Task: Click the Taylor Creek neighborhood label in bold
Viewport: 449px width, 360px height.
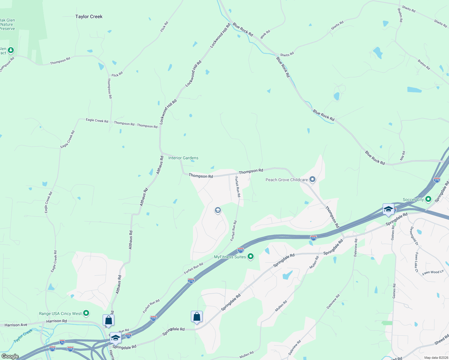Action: coord(89,16)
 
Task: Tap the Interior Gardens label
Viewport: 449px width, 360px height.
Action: coord(183,158)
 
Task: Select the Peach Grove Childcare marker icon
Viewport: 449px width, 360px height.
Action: coord(312,180)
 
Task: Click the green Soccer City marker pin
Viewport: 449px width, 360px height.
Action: coord(428,199)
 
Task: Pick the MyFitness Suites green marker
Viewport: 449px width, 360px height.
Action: coord(251,256)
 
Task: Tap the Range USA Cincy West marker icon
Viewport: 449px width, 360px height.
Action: coord(86,313)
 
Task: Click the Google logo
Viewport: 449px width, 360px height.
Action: coord(10,356)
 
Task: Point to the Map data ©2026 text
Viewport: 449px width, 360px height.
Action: coord(435,358)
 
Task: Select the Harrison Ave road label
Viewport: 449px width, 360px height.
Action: coord(16,325)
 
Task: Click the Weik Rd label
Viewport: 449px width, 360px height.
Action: coord(265,34)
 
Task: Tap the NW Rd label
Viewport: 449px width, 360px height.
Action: coord(402,155)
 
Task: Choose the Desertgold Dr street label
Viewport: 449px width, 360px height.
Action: coord(414,236)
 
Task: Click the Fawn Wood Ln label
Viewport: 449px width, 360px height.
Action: coord(433,272)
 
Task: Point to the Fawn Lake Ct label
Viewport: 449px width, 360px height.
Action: coord(416,262)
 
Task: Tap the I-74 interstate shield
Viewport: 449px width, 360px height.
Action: coord(62,342)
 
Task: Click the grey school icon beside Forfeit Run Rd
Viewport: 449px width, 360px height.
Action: coord(218,210)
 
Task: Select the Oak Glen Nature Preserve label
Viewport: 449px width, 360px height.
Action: coord(7,25)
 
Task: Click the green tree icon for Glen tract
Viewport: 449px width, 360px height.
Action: coord(11,50)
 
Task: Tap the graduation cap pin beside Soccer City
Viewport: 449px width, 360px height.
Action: coord(388,209)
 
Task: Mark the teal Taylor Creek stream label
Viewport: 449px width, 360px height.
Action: coord(23,336)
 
